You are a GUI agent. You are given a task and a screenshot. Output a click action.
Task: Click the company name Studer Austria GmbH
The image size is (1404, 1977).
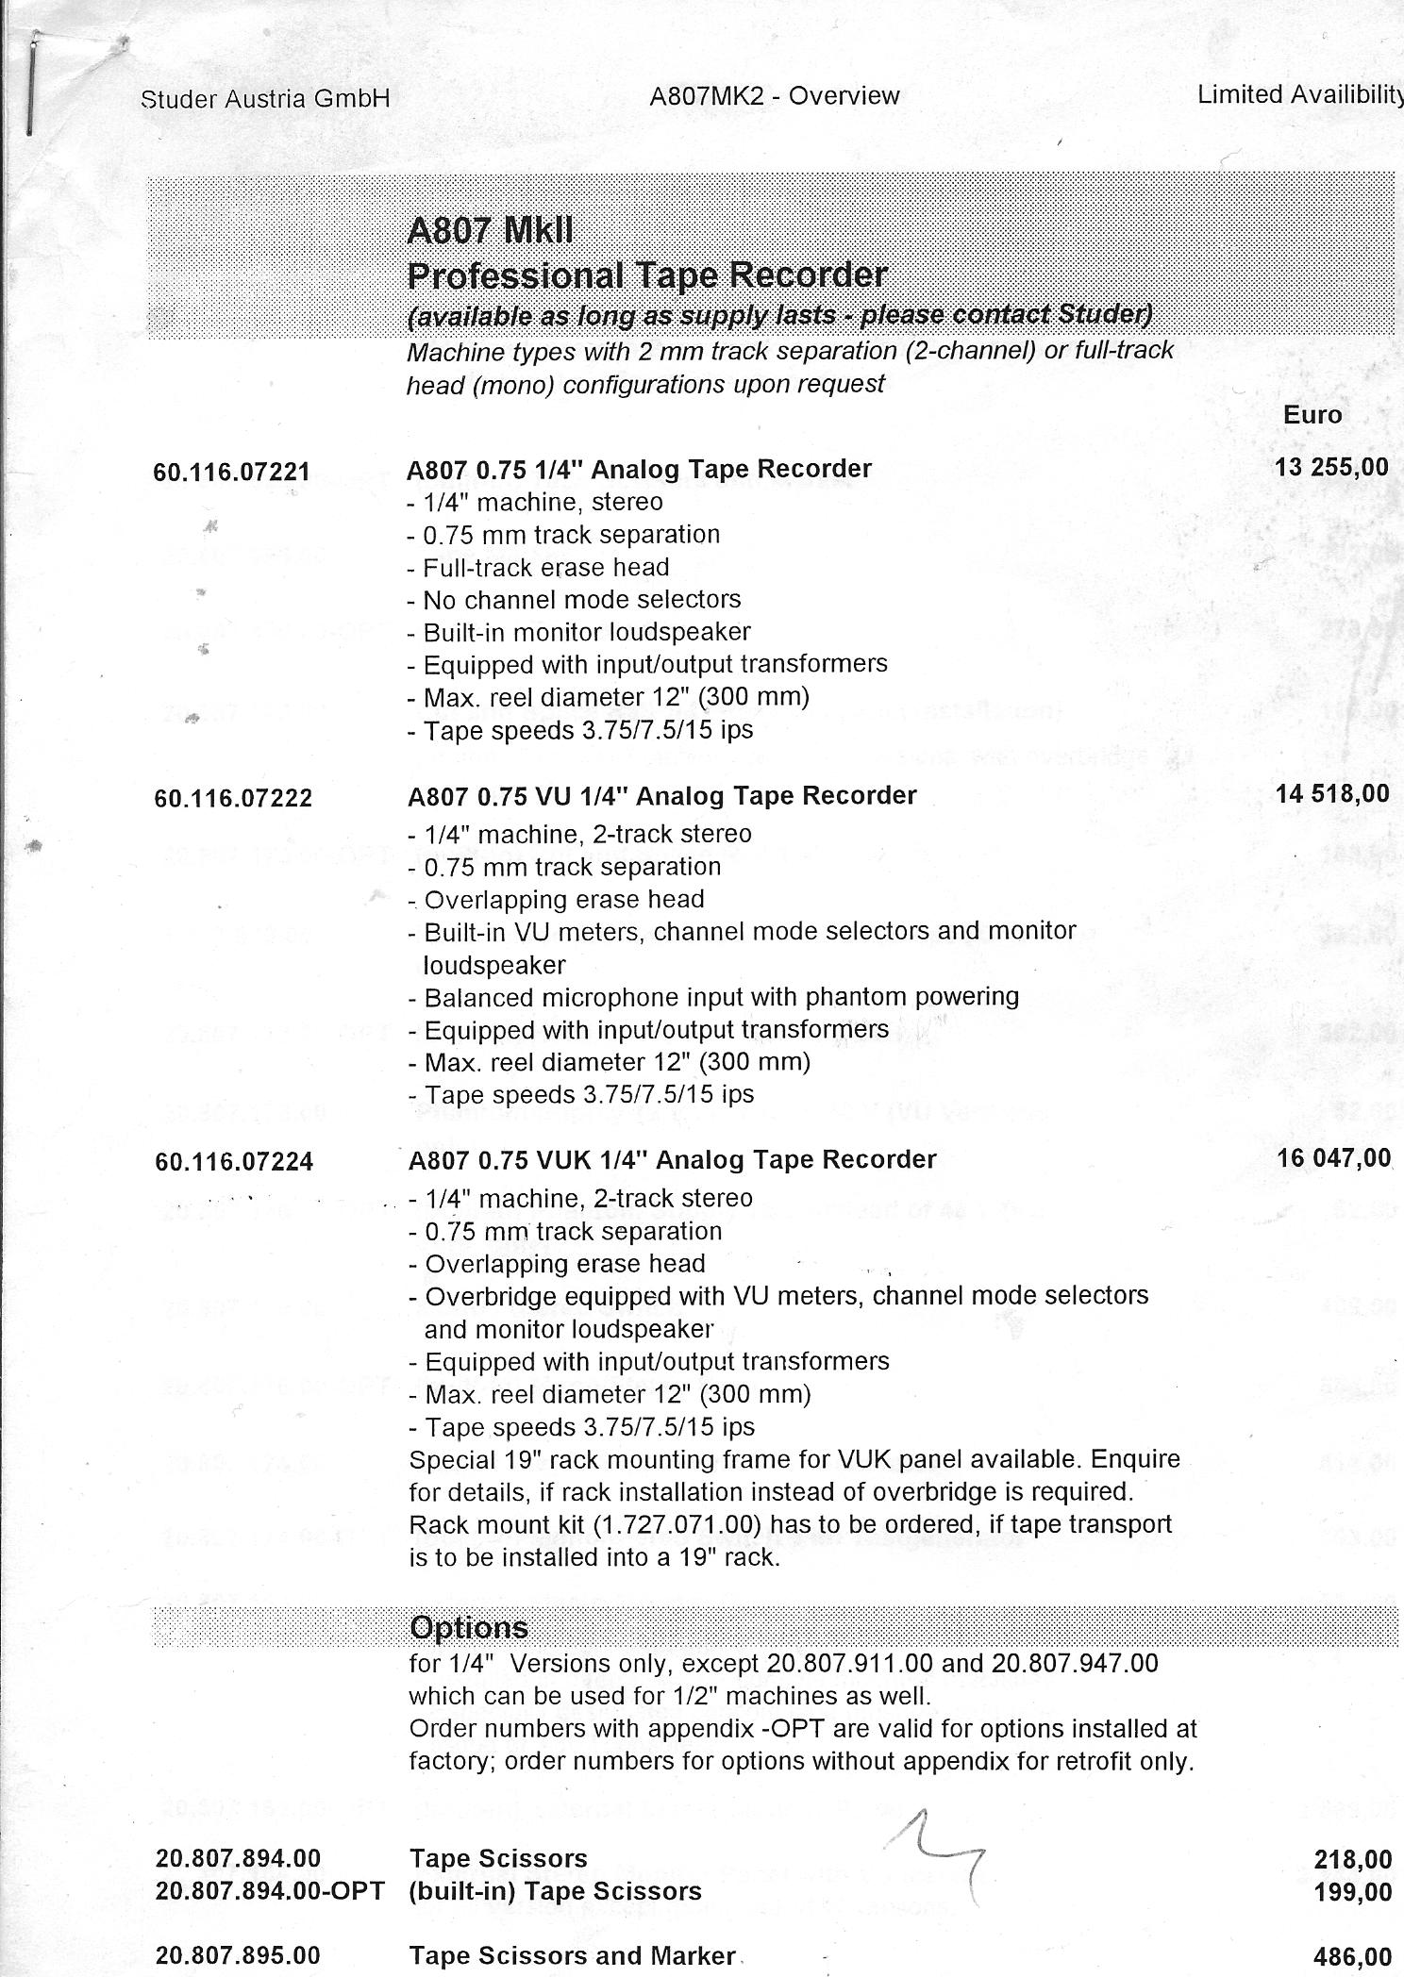tap(265, 99)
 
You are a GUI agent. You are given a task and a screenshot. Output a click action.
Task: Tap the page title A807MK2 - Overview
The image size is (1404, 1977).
tap(774, 96)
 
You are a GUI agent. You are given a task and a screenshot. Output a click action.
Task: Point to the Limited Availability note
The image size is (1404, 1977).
tap(1299, 94)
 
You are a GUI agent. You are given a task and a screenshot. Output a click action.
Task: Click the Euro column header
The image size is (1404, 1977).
tap(1312, 415)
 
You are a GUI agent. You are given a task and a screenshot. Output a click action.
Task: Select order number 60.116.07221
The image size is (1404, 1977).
tap(231, 472)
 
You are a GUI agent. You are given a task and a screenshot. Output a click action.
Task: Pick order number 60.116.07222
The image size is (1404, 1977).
tap(232, 799)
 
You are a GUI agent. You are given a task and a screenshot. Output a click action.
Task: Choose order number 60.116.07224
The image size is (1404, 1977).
tap(233, 1162)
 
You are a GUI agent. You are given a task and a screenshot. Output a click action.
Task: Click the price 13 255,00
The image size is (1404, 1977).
tap(1330, 466)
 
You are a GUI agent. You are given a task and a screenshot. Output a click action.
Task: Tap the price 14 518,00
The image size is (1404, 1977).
tap(1332, 794)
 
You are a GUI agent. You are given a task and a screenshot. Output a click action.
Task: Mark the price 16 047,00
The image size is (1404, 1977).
tap(1334, 1157)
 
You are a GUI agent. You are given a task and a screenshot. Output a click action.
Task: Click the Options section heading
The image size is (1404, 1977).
tap(468, 1628)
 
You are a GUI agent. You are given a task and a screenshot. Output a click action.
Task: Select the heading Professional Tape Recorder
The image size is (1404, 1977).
tap(646, 275)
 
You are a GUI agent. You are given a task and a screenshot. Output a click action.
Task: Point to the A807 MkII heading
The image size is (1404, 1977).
tap(490, 230)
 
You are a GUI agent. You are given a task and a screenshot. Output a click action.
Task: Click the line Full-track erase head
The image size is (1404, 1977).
tap(545, 568)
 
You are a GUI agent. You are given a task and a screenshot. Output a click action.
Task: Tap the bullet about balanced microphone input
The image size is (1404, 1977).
tap(721, 997)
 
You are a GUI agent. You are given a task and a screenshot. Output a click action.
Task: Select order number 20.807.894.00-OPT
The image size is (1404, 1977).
tap(269, 1891)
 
